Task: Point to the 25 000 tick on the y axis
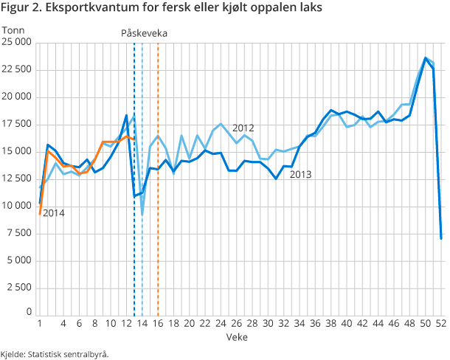16,43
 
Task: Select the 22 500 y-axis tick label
16,70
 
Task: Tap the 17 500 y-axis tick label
16,125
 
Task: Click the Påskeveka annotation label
144,33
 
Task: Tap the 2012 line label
243,128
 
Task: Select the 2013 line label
301,175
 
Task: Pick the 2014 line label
54,213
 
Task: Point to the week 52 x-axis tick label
440,323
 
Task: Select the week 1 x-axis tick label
39,323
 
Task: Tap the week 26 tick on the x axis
236,323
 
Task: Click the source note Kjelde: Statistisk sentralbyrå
55,353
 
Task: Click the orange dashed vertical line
159,221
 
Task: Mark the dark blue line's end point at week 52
441,238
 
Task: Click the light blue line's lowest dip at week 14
142,215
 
